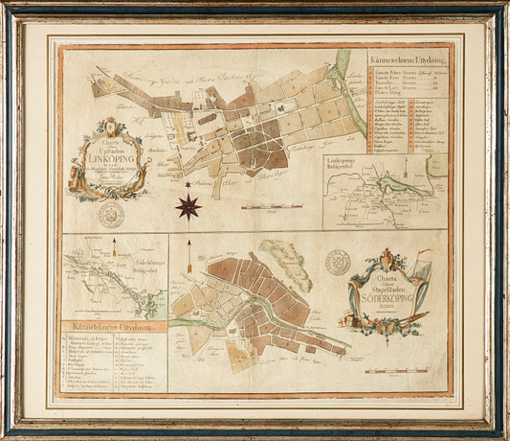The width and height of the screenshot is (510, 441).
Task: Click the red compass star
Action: (x=188, y=204)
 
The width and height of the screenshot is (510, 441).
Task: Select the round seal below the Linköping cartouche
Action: (x=112, y=215)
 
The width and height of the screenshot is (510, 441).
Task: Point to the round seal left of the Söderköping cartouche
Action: (x=337, y=263)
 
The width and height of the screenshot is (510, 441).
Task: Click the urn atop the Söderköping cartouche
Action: (x=388, y=256)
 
